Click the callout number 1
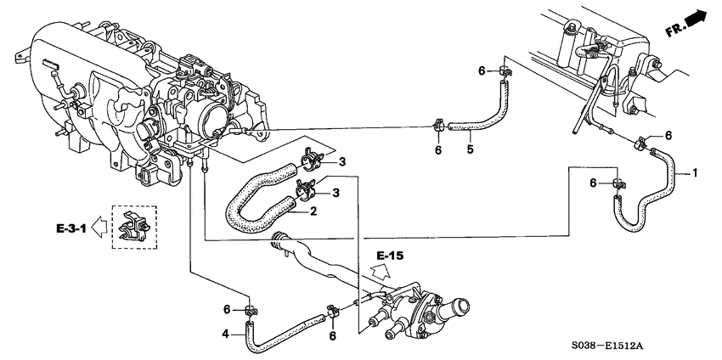[694, 173]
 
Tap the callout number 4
[226, 334]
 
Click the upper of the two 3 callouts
[342, 161]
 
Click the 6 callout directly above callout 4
[227, 308]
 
